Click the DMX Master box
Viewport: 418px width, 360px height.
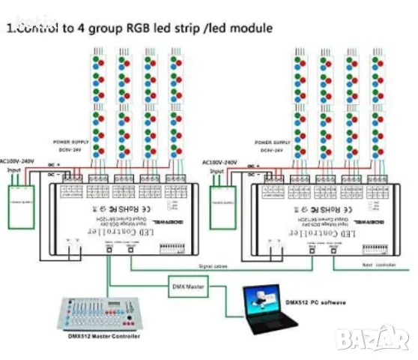pyautogui.click(x=187, y=285)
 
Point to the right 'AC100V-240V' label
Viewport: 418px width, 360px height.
pyautogui.click(x=220, y=162)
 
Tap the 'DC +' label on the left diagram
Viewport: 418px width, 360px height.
pyautogui.click(x=53, y=164)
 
